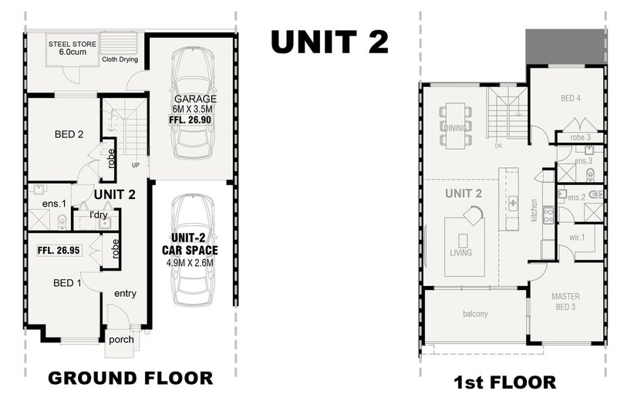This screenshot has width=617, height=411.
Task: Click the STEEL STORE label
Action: coord(72,44)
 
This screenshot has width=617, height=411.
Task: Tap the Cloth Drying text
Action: coord(120,59)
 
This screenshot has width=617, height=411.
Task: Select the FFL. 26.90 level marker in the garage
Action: coord(190,120)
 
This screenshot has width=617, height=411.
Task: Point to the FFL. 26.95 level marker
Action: coord(59,250)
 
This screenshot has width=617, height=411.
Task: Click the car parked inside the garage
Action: coord(193,103)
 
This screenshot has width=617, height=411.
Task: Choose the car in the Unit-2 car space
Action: coord(193,249)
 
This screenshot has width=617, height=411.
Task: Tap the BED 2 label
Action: coord(69,134)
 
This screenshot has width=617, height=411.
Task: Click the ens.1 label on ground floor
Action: coord(54,204)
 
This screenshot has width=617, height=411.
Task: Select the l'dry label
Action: coord(99,214)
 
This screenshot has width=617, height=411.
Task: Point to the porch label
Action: coord(121,339)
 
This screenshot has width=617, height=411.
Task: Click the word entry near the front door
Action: coord(125,293)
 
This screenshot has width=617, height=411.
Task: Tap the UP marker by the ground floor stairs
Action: coord(136,166)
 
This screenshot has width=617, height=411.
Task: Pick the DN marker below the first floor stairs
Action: coord(498,146)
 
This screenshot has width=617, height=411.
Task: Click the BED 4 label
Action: coord(570,99)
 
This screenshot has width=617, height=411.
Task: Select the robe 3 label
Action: coord(581,137)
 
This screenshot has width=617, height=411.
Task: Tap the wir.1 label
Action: coord(577,238)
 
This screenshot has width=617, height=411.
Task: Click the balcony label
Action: coord(475,314)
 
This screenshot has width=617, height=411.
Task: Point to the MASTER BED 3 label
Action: coord(565,302)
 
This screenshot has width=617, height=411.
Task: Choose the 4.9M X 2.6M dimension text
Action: coord(190,263)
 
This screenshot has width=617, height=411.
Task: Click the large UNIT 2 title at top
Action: coord(330,42)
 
